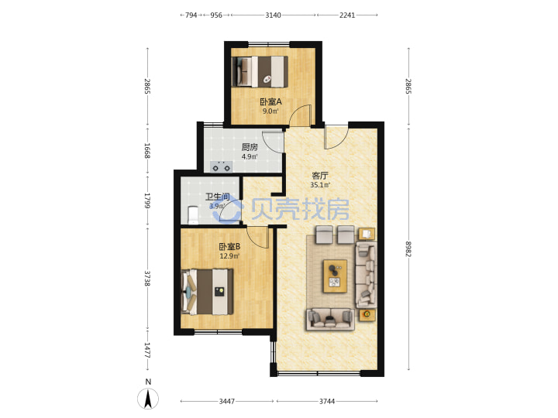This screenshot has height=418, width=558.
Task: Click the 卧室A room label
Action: [270, 102]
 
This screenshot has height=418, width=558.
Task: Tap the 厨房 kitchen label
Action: [250, 147]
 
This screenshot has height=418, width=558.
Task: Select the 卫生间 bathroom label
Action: [218, 197]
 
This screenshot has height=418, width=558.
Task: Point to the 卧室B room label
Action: [229, 246]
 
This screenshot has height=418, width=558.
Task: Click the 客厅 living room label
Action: [319, 176]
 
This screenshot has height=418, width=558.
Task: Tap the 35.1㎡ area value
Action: [320, 185]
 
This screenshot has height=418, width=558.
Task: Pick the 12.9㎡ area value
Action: [229, 256]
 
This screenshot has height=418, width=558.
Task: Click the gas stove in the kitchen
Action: [221, 166]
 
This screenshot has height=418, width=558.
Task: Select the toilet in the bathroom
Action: [193, 215]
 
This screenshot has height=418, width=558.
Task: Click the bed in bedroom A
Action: [260, 71]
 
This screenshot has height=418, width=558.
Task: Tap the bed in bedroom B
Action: [208, 292]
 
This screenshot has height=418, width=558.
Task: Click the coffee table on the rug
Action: [336, 276]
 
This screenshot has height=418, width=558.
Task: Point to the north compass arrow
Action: [148, 399]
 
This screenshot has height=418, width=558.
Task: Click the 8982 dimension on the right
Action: [408, 249]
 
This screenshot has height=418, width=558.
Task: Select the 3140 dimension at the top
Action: [273, 15]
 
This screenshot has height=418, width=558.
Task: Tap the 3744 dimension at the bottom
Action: [327, 401]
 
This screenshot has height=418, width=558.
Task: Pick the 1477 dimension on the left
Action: [147, 351]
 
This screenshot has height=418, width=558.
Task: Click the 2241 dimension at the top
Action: [347, 15]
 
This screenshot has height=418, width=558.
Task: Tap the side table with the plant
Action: [367, 314]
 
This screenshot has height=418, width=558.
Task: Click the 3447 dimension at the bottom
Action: [226, 401]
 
